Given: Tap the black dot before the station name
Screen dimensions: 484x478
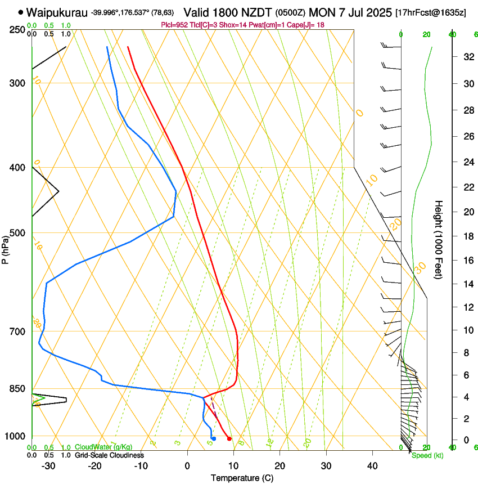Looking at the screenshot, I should point(21,12).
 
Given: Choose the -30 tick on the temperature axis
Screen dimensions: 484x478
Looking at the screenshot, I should point(48,465).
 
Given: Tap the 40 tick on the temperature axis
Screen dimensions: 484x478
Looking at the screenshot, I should point(372,465).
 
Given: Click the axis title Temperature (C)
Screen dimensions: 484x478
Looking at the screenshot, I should point(242,478).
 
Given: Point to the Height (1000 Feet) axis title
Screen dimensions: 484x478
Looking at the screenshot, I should point(439,239).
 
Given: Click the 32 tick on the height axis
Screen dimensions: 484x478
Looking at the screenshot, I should point(467,57).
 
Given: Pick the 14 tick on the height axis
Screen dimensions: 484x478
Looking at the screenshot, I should point(467,284).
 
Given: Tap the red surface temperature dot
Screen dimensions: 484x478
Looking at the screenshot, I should point(229,438).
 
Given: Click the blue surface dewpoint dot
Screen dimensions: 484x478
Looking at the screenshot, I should point(214,438).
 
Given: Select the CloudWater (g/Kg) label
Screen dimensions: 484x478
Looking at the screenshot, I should point(103,447).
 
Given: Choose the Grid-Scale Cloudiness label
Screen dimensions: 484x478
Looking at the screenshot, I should point(109,455).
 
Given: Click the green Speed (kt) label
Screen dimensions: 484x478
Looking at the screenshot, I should point(427,455).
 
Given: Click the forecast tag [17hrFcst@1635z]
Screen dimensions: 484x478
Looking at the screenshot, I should point(430,12).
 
